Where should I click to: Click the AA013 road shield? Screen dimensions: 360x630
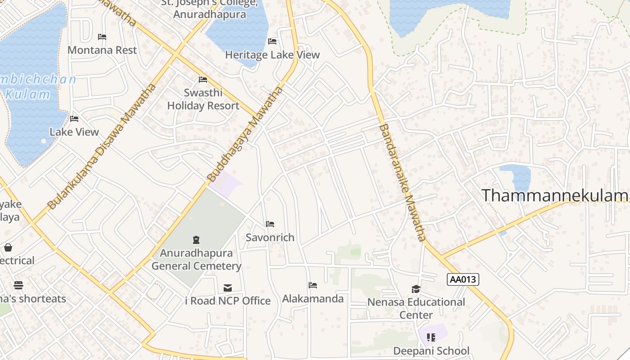pyautogui.click(x=463, y=279)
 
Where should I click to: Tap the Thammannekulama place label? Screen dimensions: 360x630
pyautogui.click(x=555, y=195)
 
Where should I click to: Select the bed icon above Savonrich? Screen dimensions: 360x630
pyautogui.click(x=270, y=224)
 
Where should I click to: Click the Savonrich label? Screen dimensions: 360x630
pyautogui.click(x=270, y=237)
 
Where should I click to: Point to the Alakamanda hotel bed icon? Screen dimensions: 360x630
pyautogui.click(x=313, y=285)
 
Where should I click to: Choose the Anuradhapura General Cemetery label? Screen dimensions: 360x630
pyautogui.click(x=196, y=259)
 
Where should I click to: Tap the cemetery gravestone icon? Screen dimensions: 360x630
pyautogui.click(x=196, y=239)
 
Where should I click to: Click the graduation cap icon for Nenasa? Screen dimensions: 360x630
pyautogui.click(x=416, y=288)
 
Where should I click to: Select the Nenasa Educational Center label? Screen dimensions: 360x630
pyautogui.click(x=416, y=308)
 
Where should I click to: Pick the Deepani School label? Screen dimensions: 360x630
pyautogui.click(x=431, y=351)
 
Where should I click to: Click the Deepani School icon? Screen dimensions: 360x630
pyautogui.click(x=431, y=337)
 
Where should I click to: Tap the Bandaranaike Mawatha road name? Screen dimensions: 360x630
pyautogui.click(x=402, y=182)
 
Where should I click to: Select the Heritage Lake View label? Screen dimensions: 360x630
pyautogui.click(x=272, y=55)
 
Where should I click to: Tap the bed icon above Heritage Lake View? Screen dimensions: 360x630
pyautogui.click(x=272, y=41)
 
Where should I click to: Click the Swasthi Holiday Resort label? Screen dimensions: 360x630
pyautogui.click(x=203, y=99)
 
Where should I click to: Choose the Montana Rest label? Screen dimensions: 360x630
pyautogui.click(x=102, y=50)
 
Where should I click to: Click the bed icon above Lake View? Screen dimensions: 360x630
pyautogui.click(x=74, y=119)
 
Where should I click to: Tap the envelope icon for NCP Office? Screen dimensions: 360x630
pyautogui.click(x=228, y=288)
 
